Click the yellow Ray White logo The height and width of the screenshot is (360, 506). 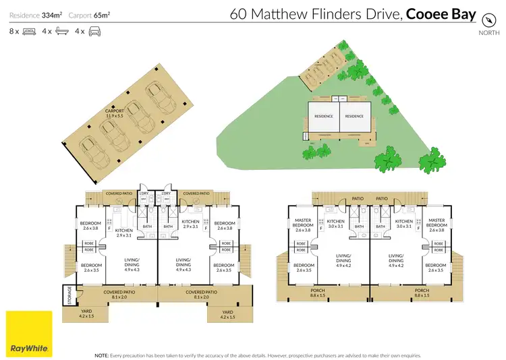pos(29,333)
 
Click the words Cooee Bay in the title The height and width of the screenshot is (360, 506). pos(442,15)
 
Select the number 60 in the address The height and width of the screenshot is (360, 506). pos(239,15)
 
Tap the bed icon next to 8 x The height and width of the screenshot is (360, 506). pos(30,32)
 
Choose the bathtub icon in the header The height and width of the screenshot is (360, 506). pos(62,32)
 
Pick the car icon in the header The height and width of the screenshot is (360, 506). pos(94,32)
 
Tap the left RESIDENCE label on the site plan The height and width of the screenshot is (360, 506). pos(324,116)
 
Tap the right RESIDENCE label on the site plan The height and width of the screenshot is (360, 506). pos(354,116)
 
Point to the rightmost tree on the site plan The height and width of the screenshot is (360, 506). pos(432,162)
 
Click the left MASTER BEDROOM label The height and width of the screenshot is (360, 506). pos(303,223)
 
